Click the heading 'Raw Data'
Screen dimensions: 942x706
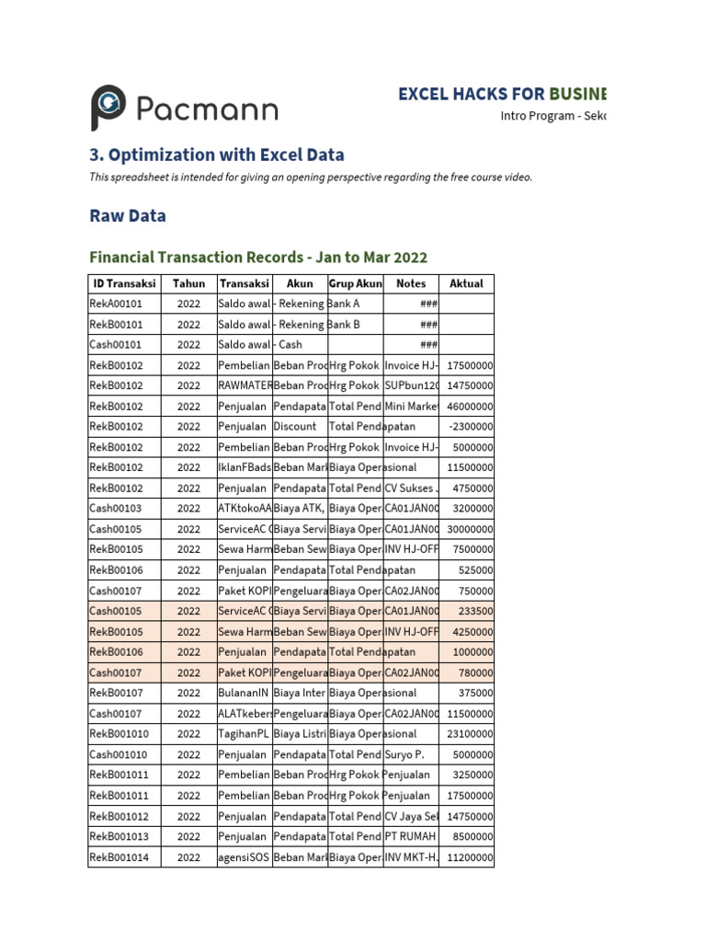128,216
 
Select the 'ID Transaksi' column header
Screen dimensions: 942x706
124,284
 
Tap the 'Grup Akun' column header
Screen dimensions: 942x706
355,284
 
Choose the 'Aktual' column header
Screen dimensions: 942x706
466,284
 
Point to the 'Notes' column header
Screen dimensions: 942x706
411,284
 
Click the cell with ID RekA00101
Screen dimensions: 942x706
124,304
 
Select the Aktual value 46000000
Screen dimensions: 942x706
470,407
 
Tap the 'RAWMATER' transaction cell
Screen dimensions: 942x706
244,386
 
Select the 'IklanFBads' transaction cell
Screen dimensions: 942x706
245,468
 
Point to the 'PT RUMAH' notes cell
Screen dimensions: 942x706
410,837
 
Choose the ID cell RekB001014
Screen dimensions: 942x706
124,857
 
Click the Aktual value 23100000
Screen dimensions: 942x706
470,734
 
